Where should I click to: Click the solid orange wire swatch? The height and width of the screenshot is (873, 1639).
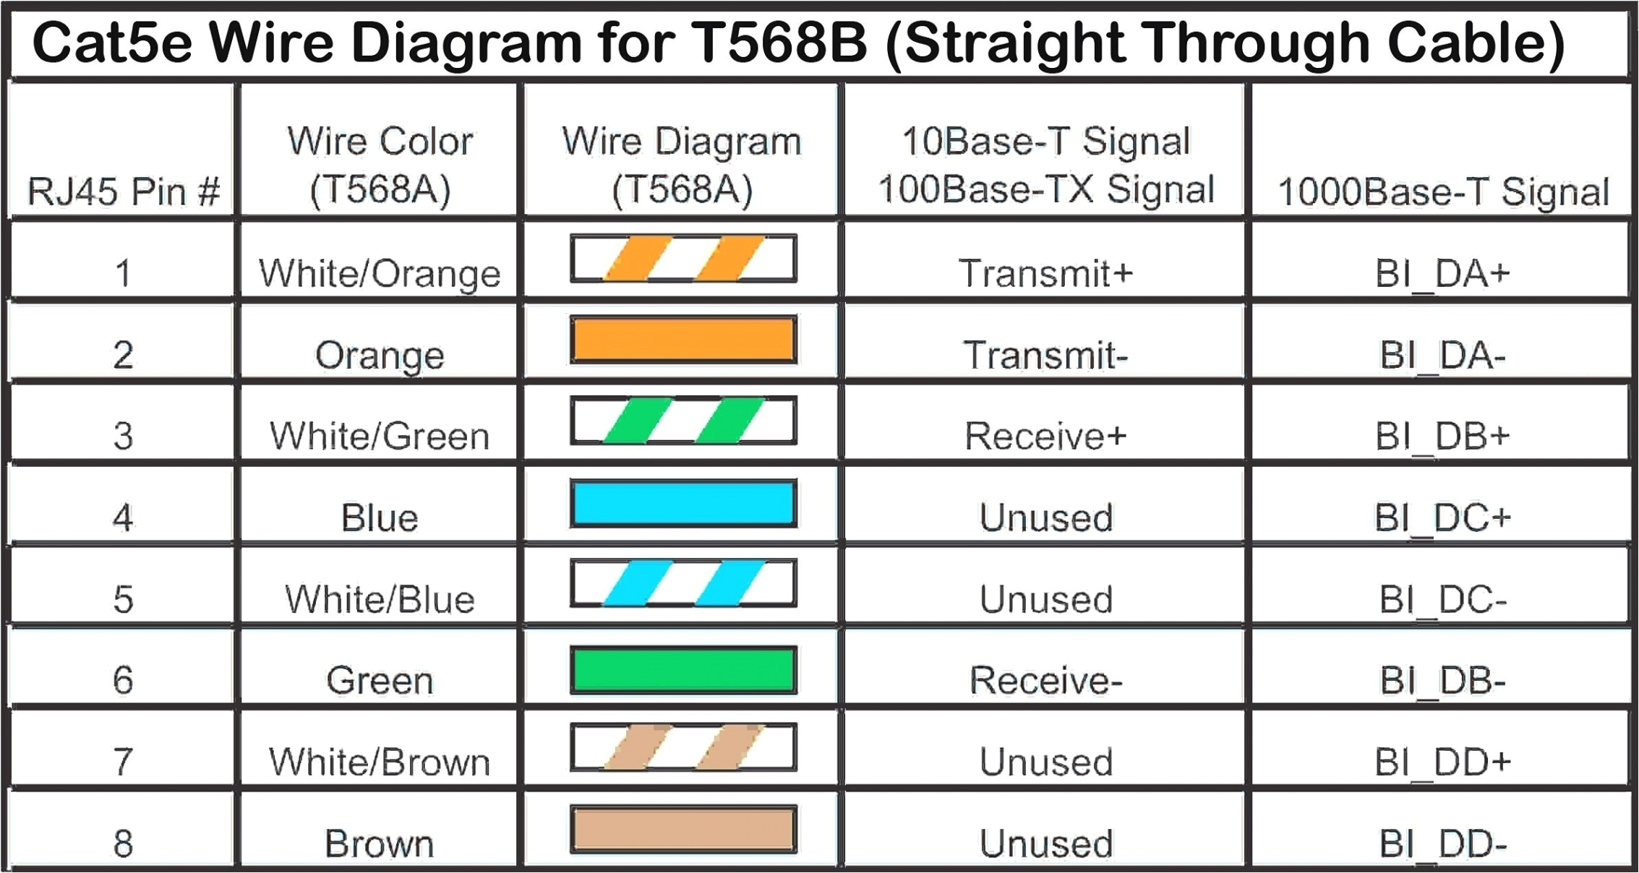[x=683, y=339]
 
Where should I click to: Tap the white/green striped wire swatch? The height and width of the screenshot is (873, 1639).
[x=683, y=420]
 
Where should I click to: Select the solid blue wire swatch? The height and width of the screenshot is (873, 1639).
[x=683, y=503]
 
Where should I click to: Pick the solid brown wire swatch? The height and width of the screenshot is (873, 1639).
[x=683, y=829]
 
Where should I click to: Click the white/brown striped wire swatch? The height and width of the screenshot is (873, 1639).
[x=683, y=747]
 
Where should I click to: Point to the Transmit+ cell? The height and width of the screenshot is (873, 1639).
[x=1045, y=273]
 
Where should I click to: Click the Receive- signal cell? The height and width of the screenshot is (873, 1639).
[x=1045, y=680]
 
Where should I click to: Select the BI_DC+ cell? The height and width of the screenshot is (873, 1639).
[x=1442, y=517]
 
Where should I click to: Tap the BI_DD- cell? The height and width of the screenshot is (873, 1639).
[x=1442, y=843]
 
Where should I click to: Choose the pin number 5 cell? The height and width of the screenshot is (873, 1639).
[x=123, y=599]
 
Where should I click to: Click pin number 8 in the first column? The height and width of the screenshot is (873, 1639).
[x=123, y=843]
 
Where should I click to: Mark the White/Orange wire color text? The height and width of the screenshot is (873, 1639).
[x=380, y=273]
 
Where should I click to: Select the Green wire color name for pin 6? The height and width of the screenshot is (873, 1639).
[x=380, y=680]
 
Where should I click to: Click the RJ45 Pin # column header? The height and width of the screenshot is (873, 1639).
[x=123, y=192]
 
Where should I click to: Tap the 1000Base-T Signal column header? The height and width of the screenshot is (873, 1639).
[x=1442, y=192]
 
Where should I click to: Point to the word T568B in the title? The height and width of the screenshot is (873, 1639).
[x=778, y=42]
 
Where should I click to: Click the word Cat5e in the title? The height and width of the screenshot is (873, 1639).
[x=112, y=42]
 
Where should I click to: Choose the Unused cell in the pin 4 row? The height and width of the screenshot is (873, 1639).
[x=1045, y=517]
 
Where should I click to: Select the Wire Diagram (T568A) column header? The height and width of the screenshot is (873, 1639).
[x=682, y=165]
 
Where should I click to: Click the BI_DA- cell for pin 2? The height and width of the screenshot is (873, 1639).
[x=1442, y=355]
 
